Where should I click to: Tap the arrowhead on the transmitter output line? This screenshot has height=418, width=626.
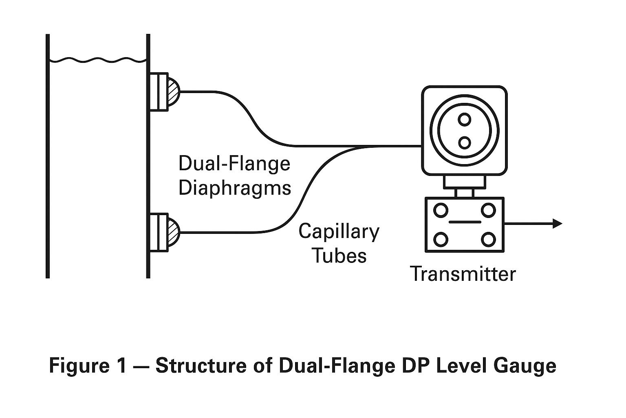coord(557,223)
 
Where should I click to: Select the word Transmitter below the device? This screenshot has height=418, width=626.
coord(463,274)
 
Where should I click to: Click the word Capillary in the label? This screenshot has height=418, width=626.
coord(339,231)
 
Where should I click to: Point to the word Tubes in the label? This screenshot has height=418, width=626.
coord(339,256)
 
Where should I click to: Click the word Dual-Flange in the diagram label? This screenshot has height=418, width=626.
coord(234,164)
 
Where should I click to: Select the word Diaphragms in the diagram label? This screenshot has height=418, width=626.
coord(235,188)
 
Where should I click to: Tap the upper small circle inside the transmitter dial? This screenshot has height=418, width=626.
coord(464,120)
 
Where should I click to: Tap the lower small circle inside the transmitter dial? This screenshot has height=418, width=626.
coord(464,142)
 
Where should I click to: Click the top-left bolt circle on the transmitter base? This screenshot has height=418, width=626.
coord(441,210)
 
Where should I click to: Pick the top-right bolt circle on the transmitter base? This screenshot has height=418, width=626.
coord(488,210)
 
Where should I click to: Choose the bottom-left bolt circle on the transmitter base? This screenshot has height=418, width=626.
coord(441,239)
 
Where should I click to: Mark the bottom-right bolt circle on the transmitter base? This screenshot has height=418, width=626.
coord(488,239)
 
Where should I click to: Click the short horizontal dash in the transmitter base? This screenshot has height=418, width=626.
coord(464,222)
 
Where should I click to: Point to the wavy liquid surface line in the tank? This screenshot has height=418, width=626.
coord(98,60)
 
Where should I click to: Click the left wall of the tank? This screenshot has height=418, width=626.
coord(48,163)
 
